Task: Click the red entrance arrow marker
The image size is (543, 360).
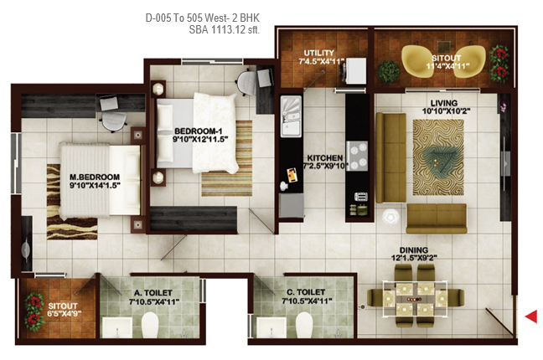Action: point(531,316)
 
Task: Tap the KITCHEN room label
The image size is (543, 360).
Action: point(325,158)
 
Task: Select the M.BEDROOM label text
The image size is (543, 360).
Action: point(95,177)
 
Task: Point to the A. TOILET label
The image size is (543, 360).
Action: point(153,293)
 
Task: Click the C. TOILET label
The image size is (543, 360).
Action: point(306,292)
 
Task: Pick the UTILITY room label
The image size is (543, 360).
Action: point(319,53)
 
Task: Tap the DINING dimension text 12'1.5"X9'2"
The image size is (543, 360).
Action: point(414,258)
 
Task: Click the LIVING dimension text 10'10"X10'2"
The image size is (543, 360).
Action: point(446,111)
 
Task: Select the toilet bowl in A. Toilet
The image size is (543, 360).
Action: point(150,325)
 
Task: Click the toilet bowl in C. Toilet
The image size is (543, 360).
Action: point(304,325)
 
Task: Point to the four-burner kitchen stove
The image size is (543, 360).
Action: point(357,156)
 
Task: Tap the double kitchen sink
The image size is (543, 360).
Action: point(291,116)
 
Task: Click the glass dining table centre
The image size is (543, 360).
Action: point(415,299)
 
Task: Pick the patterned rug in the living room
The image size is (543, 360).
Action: point(438,157)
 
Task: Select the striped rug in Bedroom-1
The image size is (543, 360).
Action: point(227,158)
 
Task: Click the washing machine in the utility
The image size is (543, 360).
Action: point(356,70)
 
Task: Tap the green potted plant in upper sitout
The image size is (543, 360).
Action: point(388,71)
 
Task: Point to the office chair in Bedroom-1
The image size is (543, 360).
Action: point(247,82)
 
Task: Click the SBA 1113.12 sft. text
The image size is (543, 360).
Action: point(224,30)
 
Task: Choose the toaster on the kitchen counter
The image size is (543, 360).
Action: point(361,197)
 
